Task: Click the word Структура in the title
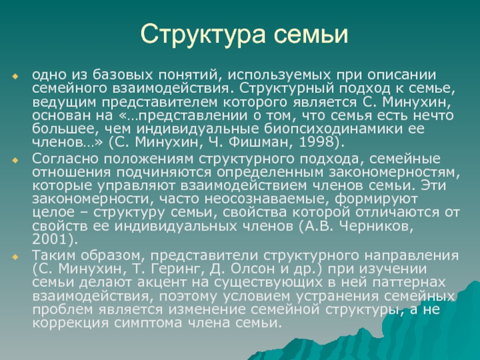(x=203, y=35)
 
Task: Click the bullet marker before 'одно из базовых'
(x=15, y=76)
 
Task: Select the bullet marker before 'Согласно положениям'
(x=15, y=160)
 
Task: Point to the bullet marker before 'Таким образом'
(x=15, y=257)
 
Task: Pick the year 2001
(x=50, y=239)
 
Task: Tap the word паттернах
(x=409, y=282)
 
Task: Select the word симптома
(x=148, y=323)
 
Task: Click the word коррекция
(x=70, y=323)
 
